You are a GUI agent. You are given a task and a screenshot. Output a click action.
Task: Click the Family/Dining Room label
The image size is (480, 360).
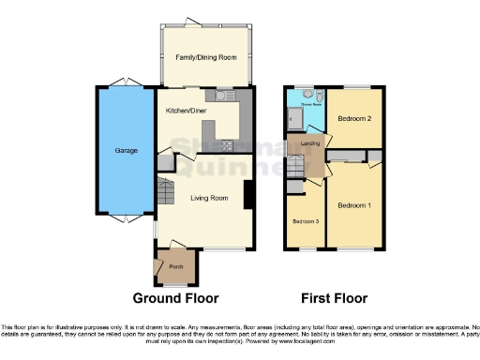(206, 57)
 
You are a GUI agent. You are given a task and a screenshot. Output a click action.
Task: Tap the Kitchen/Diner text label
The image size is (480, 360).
(186, 111)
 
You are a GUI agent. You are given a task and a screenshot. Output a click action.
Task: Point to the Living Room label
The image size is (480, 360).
(209, 198)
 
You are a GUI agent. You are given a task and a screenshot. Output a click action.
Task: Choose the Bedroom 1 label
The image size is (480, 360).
(354, 205)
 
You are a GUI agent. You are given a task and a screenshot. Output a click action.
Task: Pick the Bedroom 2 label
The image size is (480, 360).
(355, 119)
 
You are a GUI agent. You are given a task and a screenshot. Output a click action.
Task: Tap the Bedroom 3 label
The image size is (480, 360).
(305, 221)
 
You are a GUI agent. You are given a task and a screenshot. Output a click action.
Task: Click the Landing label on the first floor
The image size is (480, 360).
(307, 143)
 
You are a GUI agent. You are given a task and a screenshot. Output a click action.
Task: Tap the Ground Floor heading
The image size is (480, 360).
(175, 298)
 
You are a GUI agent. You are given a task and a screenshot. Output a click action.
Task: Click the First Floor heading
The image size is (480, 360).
(333, 298)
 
